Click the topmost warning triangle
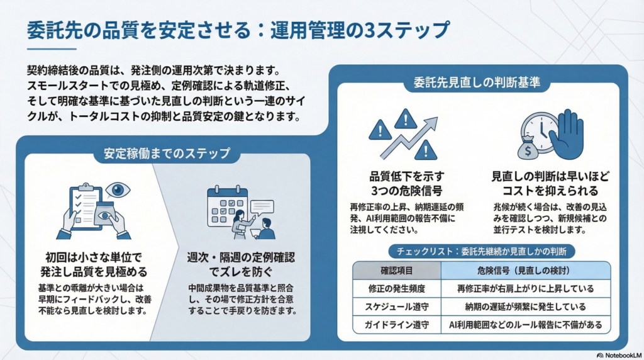[x=406, y=118]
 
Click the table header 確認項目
[x=396, y=271]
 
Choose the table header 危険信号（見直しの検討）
[x=525, y=271]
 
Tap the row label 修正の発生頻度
[x=396, y=290]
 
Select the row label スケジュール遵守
[x=396, y=307]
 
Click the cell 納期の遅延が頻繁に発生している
[x=525, y=307]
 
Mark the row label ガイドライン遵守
[x=396, y=325]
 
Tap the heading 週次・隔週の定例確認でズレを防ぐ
[x=241, y=265]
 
